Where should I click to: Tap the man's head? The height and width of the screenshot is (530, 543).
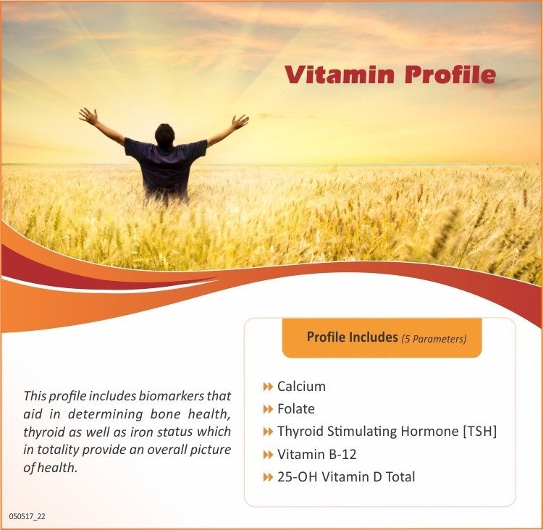(165, 134)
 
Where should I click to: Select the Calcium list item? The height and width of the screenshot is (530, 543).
(301, 387)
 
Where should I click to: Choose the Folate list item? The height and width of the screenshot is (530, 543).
(295, 409)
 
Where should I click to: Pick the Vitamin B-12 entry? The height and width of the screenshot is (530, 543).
(316, 455)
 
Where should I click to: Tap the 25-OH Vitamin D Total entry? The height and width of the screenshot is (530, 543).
(346, 476)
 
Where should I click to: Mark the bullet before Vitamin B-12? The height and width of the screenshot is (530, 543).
(268, 455)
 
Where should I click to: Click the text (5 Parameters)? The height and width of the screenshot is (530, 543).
(434, 338)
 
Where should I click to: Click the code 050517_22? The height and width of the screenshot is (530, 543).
(28, 516)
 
